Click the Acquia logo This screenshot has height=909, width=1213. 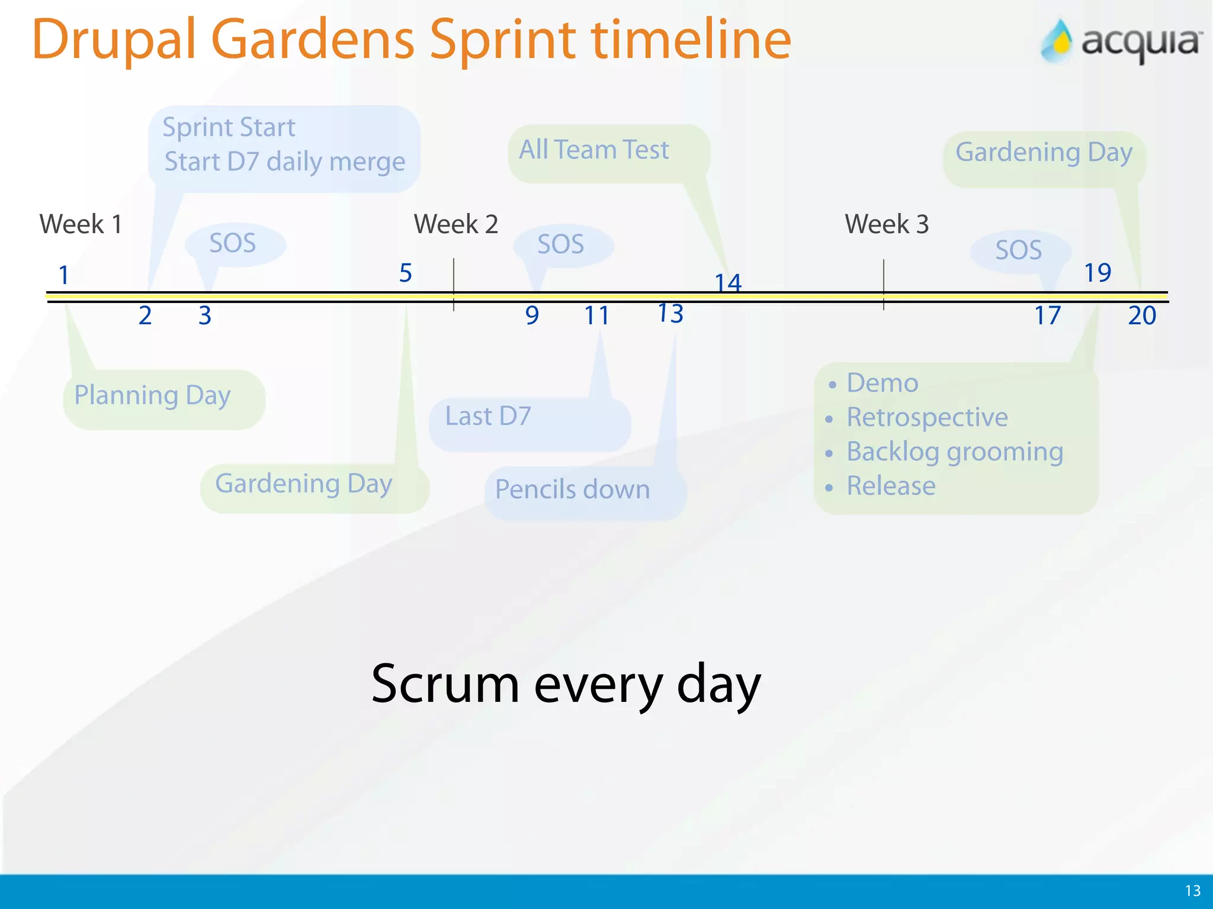1121,41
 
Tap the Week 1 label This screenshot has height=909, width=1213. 81,224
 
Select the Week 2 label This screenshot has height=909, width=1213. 455,224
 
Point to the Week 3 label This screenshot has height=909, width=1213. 886,224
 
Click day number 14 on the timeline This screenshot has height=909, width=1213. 728,283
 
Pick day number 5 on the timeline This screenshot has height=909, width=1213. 405,273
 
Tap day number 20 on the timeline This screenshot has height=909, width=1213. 1141,315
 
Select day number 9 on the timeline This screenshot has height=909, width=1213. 532,315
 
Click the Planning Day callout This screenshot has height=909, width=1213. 153,396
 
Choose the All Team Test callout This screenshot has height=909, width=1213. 594,150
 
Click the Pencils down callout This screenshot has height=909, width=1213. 573,490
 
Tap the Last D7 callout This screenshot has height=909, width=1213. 489,417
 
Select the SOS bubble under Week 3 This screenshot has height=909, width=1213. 1019,250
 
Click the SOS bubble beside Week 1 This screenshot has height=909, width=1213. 233,244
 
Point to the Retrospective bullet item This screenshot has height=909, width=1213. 927,417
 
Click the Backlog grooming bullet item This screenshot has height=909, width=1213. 954,452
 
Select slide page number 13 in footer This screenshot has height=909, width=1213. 1192,891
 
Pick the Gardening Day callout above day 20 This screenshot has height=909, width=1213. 1044,153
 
